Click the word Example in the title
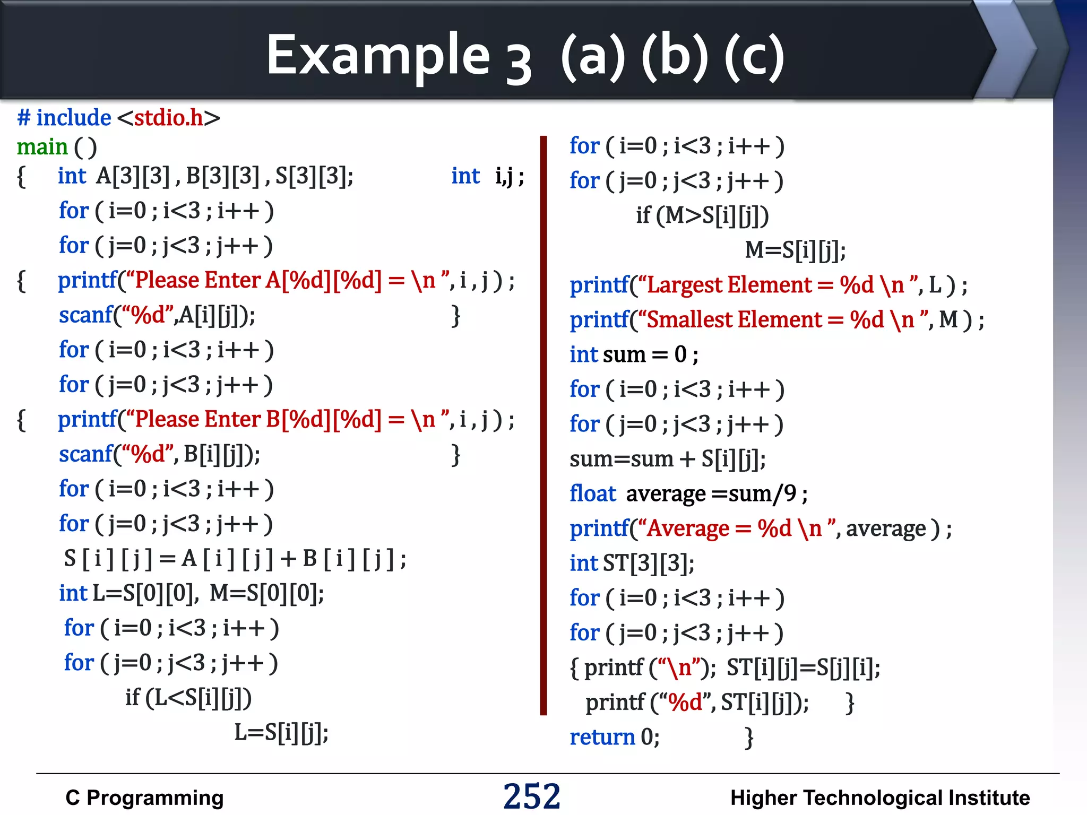coord(378,56)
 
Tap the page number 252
coord(531,796)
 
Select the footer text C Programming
coord(144,798)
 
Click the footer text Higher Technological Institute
coord(879,798)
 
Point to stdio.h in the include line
coord(168,118)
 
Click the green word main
coord(42,147)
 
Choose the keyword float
coord(592,494)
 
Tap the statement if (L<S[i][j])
coord(188,698)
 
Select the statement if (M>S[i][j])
coord(702,215)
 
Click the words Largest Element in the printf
coord(729,285)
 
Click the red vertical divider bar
coord(543,424)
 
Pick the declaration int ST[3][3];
coord(632,563)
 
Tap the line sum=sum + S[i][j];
coord(667,459)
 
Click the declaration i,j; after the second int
coord(509,176)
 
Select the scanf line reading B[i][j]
coord(159,455)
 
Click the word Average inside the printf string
coord(688,529)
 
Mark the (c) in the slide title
coord(754,57)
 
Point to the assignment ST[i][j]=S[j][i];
coord(803,668)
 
